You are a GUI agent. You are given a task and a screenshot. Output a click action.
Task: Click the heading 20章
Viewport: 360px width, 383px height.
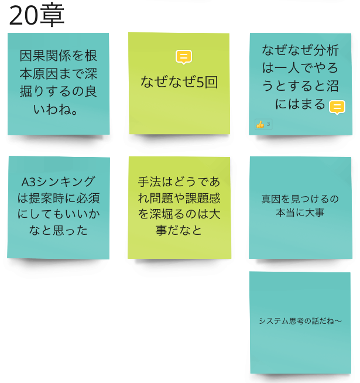coord(36,16)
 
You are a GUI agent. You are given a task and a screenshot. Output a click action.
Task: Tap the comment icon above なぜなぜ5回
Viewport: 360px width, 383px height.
coord(183,57)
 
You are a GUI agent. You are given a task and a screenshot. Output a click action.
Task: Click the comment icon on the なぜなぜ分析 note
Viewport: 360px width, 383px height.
coord(337,107)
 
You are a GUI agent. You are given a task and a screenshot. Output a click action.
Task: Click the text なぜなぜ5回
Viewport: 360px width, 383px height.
coord(179,82)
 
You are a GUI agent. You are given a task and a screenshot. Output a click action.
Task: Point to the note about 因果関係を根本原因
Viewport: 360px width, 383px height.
coord(58,84)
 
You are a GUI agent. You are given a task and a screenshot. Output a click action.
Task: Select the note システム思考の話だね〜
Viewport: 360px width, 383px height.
coord(300,322)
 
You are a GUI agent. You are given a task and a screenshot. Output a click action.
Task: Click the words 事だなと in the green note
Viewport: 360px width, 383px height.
coord(179,231)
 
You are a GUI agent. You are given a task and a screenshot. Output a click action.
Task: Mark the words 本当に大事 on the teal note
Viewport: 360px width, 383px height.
coord(300,213)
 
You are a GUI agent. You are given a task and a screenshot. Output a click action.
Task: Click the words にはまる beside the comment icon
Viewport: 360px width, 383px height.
coord(299,104)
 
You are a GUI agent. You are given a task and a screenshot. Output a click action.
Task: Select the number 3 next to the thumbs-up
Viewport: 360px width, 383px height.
coord(268,124)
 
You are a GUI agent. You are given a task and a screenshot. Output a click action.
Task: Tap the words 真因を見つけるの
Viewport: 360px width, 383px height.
coord(300,199)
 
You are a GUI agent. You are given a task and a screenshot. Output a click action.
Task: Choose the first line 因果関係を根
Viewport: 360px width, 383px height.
coord(58,56)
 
